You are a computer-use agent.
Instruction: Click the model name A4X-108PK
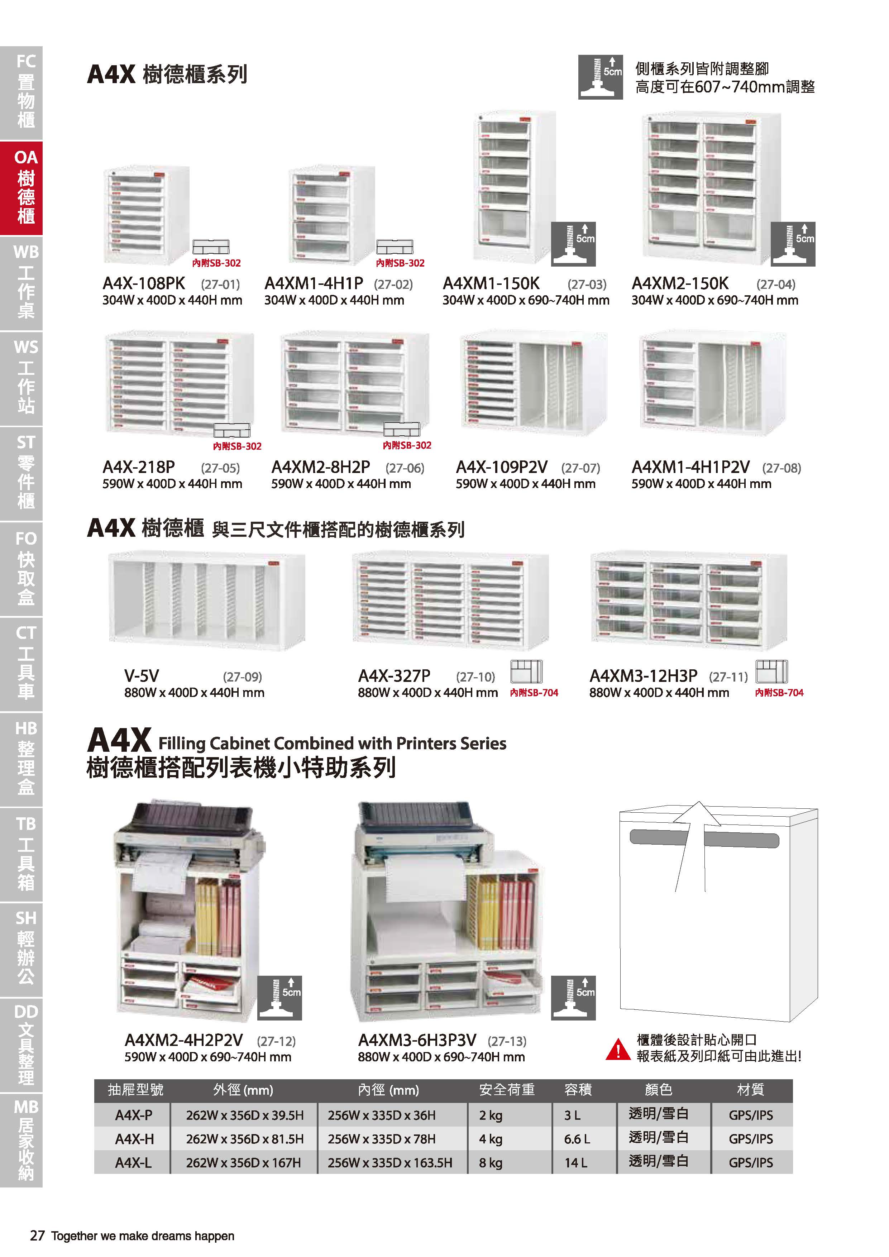144,283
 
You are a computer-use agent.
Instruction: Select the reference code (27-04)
776,284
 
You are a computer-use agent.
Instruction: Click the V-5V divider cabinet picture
207,601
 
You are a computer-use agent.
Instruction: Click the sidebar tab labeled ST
21,474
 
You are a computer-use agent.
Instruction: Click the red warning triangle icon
618,1050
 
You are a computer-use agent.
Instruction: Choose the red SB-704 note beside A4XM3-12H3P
779,693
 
